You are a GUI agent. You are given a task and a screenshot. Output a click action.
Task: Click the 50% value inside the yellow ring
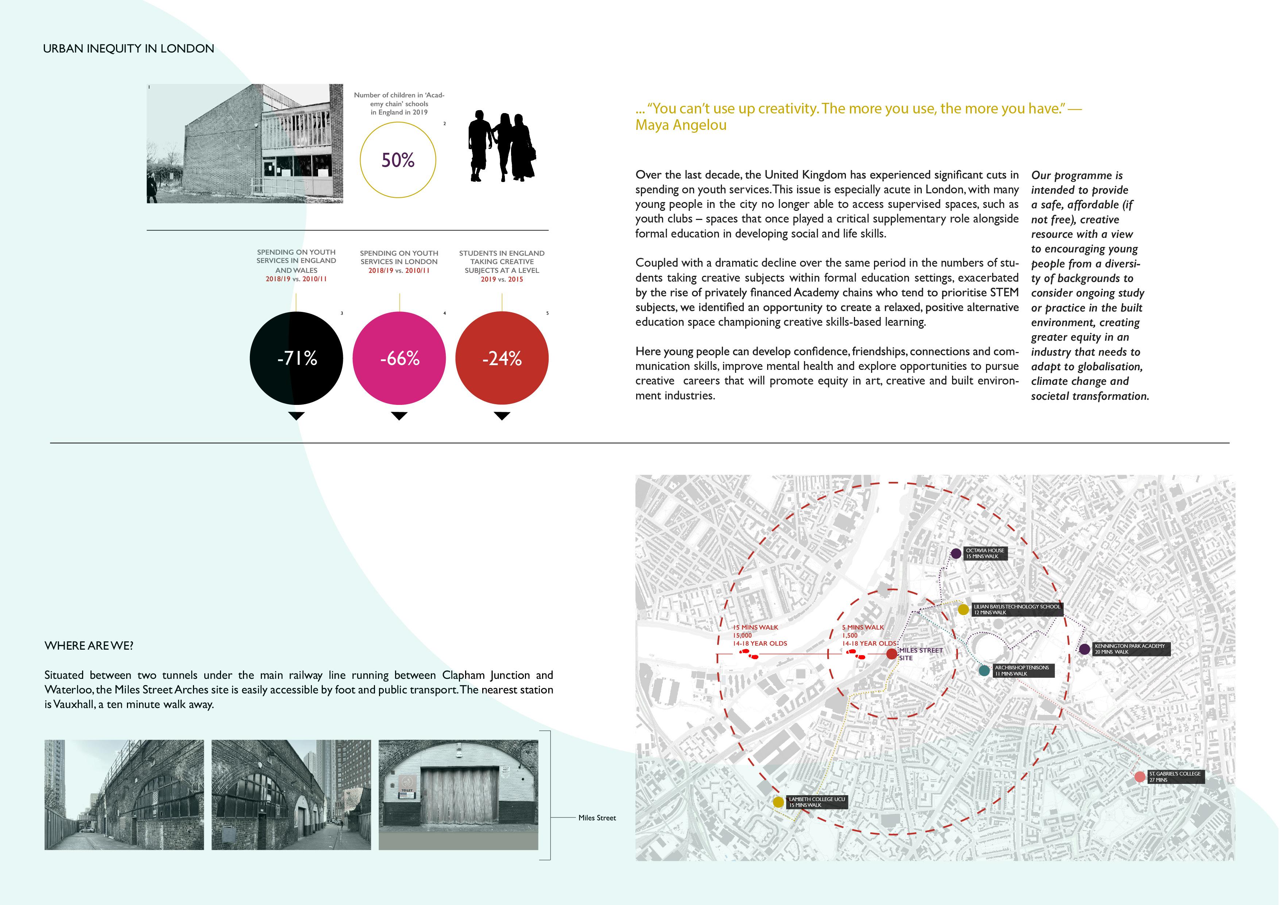coord(398,160)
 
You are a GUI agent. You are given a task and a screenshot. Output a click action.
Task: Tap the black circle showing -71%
coord(297,358)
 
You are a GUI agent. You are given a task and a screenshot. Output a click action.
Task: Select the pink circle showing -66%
coord(399,358)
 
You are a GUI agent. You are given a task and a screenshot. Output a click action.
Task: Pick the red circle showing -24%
coord(502,358)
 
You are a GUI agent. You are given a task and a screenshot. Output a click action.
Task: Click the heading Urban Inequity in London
coord(128,49)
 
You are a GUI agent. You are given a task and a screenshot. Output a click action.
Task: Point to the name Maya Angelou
coord(681,125)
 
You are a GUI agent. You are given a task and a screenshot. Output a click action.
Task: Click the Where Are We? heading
coord(89,646)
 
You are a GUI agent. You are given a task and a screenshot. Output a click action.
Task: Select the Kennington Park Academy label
coord(1129,649)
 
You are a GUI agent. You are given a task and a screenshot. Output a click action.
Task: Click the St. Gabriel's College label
coord(1175,777)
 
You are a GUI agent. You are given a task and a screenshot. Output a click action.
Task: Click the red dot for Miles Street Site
coord(892,654)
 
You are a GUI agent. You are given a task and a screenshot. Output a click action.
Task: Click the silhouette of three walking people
coord(500,146)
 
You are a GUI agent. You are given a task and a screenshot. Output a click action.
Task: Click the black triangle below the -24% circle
coord(502,416)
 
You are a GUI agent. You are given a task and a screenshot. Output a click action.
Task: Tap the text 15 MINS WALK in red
coord(755,627)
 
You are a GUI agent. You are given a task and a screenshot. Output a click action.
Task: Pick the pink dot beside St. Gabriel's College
coord(1140,777)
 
